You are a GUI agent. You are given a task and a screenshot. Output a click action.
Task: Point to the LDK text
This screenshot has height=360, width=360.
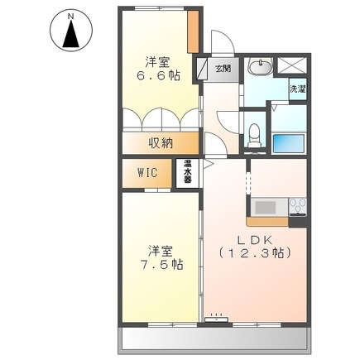254,234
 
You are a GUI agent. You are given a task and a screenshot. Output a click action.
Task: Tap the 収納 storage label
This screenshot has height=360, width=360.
161,143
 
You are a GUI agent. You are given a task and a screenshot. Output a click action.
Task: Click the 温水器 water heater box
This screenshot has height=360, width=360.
189,172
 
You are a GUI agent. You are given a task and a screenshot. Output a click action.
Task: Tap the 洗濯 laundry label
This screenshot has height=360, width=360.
296,86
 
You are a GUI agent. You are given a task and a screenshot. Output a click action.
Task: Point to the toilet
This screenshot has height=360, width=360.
255,132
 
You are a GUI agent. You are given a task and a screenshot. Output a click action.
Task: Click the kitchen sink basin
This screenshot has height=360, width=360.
268,207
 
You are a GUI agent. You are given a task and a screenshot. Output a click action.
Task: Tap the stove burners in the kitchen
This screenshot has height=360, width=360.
297,207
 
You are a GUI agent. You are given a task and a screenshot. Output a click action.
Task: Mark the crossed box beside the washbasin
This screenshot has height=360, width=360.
292,65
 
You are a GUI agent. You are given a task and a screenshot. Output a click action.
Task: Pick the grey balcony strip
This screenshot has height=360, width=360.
215,338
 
